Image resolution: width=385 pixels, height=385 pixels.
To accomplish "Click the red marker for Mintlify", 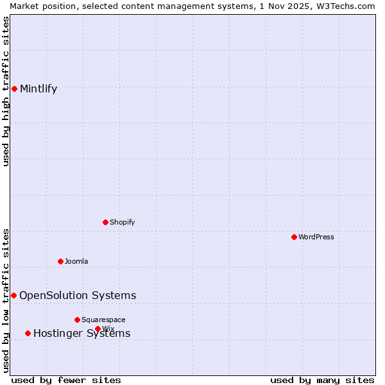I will (x=14, y=89).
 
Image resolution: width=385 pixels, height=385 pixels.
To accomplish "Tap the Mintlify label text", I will (x=38, y=89).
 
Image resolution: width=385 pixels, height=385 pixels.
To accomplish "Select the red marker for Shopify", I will (x=105, y=222).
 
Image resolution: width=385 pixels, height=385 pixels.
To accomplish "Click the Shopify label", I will (x=123, y=223).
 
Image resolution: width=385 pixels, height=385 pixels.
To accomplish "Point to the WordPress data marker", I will (x=294, y=237).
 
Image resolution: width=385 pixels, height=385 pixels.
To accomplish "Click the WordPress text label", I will (x=316, y=237).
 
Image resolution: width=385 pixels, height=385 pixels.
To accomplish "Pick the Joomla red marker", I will (x=60, y=261).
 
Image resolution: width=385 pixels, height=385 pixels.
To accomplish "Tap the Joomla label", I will (x=76, y=262).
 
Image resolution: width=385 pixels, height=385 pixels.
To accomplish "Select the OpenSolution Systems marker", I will (x=13, y=295).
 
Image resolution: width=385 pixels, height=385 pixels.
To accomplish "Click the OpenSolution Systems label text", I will (x=78, y=296).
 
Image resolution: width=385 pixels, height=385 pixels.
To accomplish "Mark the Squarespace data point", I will (x=77, y=320).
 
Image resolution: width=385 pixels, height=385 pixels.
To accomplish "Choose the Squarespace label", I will (x=103, y=320).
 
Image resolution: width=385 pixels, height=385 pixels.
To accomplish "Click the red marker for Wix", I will (x=98, y=329).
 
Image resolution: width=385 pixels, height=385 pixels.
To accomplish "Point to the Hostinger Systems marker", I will (x=28, y=333).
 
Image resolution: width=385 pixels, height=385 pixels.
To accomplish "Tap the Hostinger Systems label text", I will (x=81, y=334).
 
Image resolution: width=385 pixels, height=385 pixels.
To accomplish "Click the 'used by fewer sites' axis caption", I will (x=66, y=380).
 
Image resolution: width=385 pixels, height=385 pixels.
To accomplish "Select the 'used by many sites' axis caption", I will (x=322, y=380).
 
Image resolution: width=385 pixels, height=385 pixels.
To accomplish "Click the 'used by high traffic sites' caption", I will (x=6, y=91).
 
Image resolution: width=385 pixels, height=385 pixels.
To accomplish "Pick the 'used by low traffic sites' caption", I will (x=6, y=300).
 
